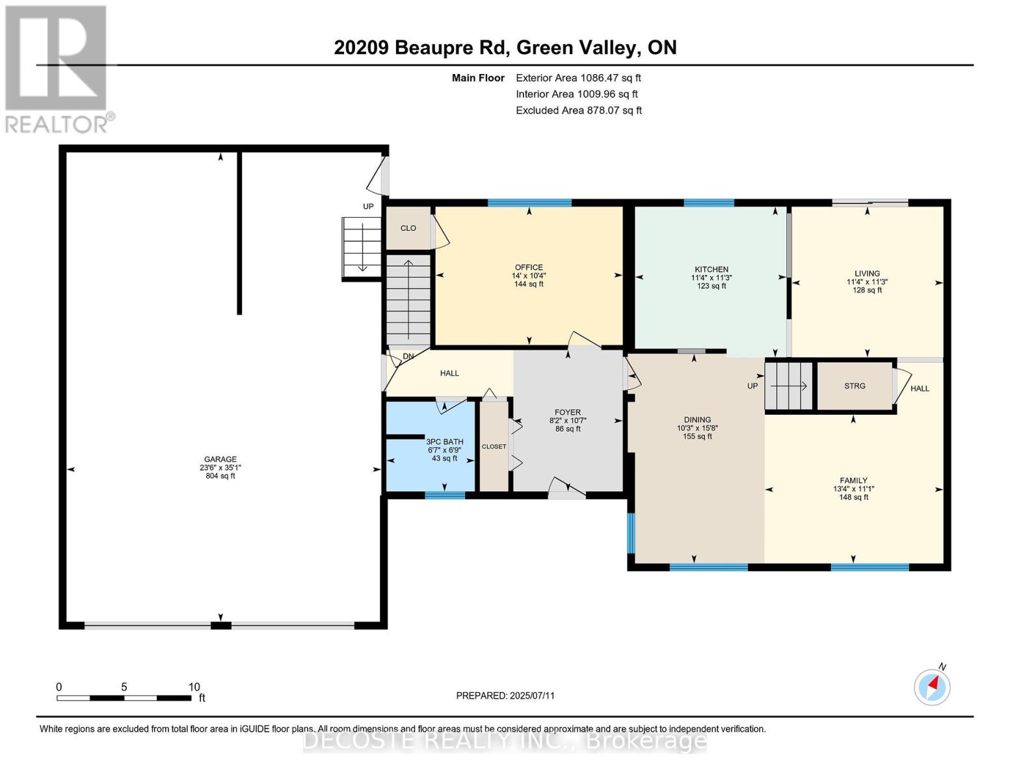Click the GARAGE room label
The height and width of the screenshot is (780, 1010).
220,459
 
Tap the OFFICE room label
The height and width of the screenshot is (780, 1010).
529,267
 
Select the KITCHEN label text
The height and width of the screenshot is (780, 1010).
711,270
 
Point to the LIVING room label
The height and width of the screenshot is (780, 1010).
867,274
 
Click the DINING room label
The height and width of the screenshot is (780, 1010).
697,419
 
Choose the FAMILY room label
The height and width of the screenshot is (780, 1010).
853,480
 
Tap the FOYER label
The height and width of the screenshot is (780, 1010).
568,412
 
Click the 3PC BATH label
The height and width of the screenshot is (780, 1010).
444,442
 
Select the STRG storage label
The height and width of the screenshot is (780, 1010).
855,385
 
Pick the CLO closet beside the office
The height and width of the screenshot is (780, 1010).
408,228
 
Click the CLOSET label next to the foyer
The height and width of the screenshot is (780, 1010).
494,447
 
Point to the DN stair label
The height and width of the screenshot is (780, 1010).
408,356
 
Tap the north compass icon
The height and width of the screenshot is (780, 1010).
932,687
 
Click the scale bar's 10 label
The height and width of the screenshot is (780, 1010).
194,686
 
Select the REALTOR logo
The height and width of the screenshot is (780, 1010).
57,69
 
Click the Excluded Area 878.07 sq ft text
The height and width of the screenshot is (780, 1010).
579,110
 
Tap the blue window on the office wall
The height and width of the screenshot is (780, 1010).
529,203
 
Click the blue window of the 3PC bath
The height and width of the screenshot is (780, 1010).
445,495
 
